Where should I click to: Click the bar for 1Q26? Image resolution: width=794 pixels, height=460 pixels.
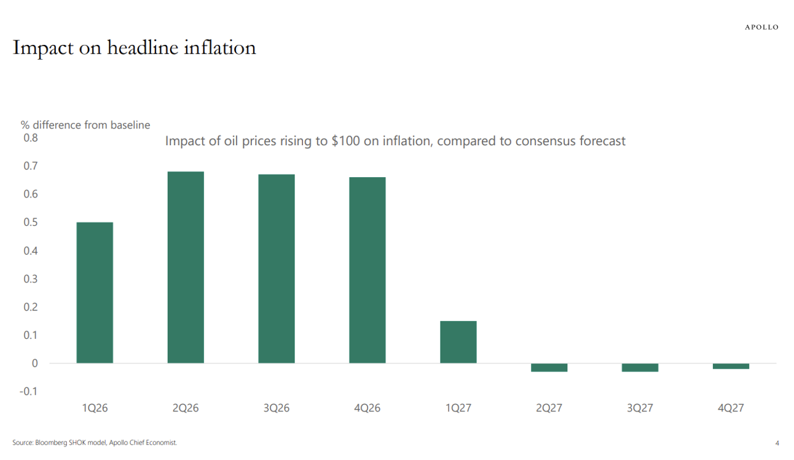pyautogui.click(x=95, y=292)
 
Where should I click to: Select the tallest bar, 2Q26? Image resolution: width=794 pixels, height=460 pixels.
pyautogui.click(x=186, y=267)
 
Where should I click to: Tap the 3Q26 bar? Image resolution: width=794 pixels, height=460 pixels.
pyautogui.click(x=277, y=268)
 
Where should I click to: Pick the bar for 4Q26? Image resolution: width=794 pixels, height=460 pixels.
pyautogui.click(x=368, y=270)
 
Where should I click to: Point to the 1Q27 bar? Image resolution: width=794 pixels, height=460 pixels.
pyautogui.click(x=458, y=342)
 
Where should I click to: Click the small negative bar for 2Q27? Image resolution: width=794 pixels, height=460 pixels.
pyautogui.click(x=549, y=367)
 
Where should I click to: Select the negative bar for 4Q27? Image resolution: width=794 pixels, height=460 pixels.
pyautogui.click(x=731, y=366)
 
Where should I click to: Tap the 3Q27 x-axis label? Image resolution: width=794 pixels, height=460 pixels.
pyautogui.click(x=640, y=408)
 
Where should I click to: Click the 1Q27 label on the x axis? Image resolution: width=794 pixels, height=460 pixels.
pyautogui.click(x=458, y=408)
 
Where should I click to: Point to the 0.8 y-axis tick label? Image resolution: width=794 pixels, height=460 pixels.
pyautogui.click(x=30, y=138)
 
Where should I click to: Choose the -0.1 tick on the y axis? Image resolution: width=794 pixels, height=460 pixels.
pyautogui.click(x=28, y=391)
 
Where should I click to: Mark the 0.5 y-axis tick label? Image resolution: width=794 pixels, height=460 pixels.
pyautogui.click(x=30, y=222)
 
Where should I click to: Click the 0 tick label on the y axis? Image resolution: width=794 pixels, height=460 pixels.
pyautogui.click(x=34, y=363)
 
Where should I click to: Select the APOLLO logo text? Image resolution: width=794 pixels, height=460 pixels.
pyautogui.click(x=761, y=27)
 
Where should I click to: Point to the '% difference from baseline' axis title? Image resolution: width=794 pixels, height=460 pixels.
pyautogui.click(x=85, y=125)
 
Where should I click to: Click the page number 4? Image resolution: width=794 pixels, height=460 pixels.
pyautogui.click(x=777, y=443)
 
